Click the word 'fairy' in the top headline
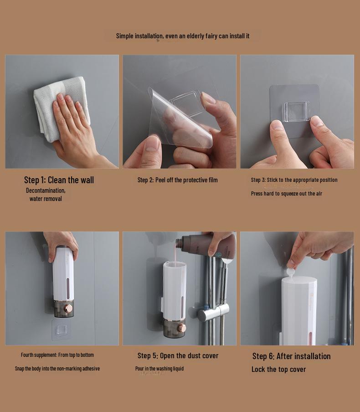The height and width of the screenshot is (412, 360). click(x=211, y=36)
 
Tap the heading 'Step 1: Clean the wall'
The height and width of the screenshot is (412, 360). click(x=59, y=180)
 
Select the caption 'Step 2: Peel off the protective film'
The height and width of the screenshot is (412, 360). click(x=178, y=180)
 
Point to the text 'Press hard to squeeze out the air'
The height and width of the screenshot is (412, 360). click(x=287, y=194)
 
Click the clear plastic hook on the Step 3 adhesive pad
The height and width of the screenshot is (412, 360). click(x=296, y=112)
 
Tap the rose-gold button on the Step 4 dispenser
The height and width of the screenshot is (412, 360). click(x=69, y=309)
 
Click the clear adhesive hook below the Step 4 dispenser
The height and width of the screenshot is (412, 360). click(x=62, y=329)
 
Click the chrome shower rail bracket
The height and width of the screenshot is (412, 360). click(x=213, y=312)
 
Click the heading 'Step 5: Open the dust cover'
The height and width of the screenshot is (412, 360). click(x=178, y=356)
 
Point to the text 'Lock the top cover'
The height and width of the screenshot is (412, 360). click(x=278, y=370)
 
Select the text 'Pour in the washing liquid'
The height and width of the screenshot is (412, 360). click(x=159, y=369)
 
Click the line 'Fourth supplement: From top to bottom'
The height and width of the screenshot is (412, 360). click(x=57, y=355)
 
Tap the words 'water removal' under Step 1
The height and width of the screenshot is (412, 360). click(x=46, y=199)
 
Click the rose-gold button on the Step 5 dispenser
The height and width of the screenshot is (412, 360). click(x=181, y=328)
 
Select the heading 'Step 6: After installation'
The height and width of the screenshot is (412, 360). click(x=291, y=356)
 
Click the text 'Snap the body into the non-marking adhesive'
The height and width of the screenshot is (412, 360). click(x=57, y=369)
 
